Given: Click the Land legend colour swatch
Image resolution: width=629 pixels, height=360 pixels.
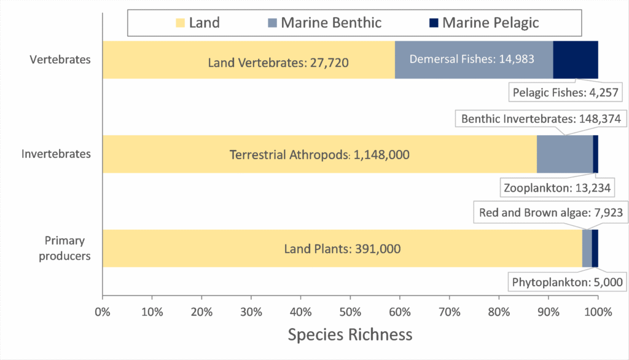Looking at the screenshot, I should click(x=180, y=23).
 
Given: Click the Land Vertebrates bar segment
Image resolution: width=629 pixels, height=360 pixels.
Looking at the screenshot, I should click(x=248, y=60).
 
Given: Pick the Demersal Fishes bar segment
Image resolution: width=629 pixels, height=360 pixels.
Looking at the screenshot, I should click(x=474, y=60).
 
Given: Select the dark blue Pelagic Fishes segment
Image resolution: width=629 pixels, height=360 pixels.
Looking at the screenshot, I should click(x=576, y=60).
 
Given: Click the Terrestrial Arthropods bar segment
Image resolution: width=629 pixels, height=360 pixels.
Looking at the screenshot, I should click(x=319, y=154).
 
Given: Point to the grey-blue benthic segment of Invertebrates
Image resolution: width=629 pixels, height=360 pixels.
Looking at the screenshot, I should click(x=565, y=154).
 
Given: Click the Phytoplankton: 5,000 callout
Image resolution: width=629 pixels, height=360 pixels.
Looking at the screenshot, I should click(x=567, y=282).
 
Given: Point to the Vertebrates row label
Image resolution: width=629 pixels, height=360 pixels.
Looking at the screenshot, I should click(x=60, y=60).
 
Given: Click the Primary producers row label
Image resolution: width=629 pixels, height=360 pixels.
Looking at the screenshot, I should click(x=64, y=248).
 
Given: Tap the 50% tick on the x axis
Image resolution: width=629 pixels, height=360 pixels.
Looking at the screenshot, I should click(x=350, y=311).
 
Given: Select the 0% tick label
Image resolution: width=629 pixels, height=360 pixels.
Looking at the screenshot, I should click(x=103, y=311).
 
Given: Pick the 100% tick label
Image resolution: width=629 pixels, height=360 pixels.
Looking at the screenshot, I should click(x=598, y=311).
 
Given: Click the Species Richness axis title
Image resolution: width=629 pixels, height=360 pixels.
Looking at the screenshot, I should click(x=350, y=335).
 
